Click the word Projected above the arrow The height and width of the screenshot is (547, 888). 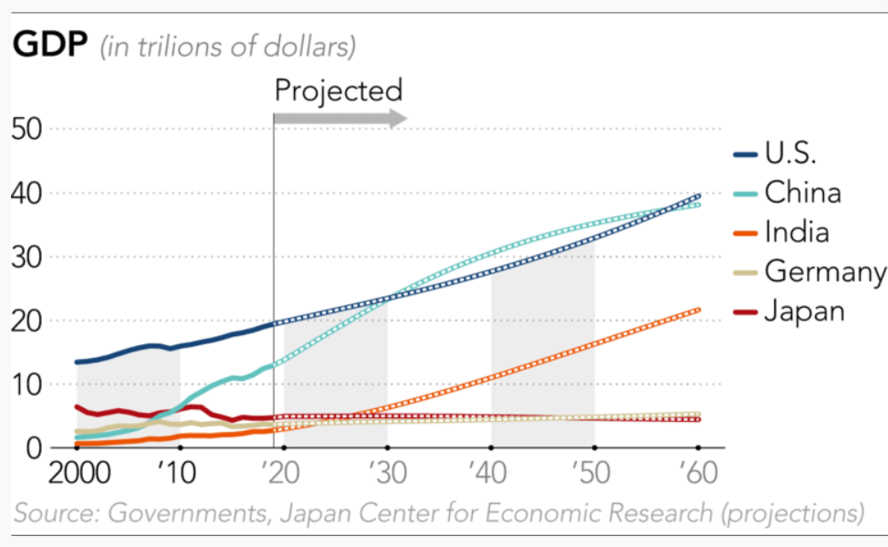click(338, 90)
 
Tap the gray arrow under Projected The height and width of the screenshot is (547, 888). click(340, 119)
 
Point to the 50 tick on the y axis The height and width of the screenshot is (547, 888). click(28, 129)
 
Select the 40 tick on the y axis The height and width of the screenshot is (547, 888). click(28, 194)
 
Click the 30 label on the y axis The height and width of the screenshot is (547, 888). click(28, 258)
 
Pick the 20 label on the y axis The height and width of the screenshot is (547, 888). click(28, 321)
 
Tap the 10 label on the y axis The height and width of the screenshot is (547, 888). click(28, 384)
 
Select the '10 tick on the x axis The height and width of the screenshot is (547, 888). click(177, 475)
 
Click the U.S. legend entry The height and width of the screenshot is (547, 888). click(790, 153)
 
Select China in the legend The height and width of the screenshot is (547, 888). click(802, 193)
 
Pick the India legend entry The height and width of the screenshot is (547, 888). click(797, 232)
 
